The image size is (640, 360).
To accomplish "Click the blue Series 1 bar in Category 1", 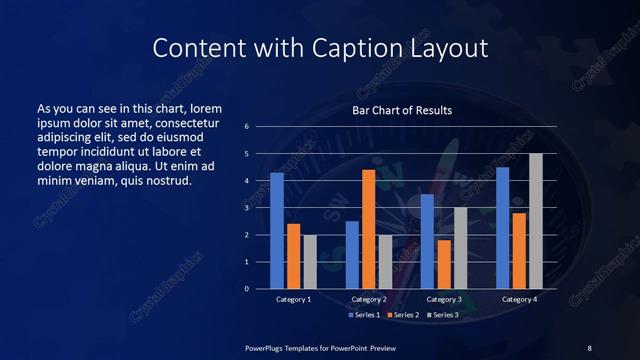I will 277,231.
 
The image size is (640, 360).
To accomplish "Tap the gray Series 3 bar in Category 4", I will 535,221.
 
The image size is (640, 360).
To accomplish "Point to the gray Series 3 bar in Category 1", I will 310,262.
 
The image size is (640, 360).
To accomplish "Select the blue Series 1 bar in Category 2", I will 352,255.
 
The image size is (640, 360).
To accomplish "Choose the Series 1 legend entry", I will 363,315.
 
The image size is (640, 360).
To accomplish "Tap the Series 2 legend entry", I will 402,315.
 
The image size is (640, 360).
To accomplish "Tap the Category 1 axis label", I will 293,299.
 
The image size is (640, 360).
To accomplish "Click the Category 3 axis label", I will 443,299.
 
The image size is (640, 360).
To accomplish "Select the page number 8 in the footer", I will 589,347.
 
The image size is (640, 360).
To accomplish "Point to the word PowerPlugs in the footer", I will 268,347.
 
